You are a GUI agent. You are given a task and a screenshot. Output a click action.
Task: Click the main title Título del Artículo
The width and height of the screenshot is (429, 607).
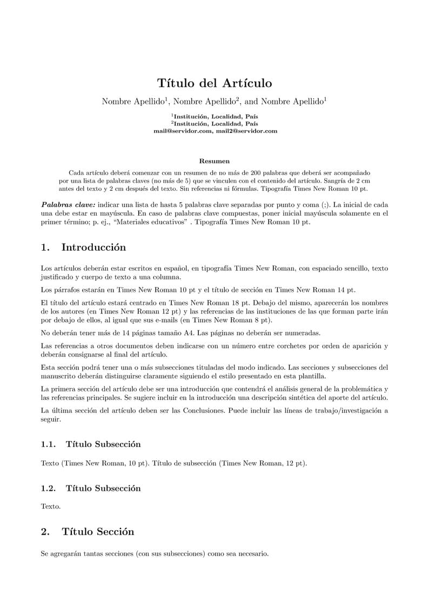215,83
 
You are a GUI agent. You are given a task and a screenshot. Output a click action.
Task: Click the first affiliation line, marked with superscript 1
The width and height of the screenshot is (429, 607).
215,116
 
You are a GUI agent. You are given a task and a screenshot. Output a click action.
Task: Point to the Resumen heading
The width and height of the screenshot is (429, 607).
215,161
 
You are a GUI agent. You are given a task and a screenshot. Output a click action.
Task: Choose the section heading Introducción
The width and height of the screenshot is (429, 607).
93,248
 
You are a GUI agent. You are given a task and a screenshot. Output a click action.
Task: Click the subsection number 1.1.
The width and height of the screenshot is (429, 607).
48,444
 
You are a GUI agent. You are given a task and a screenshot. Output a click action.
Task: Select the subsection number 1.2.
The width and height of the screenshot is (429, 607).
48,488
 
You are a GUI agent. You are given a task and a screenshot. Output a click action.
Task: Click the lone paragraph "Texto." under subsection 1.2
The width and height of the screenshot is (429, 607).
51,507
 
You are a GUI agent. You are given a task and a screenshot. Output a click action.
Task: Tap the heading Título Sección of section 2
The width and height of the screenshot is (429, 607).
98,532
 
